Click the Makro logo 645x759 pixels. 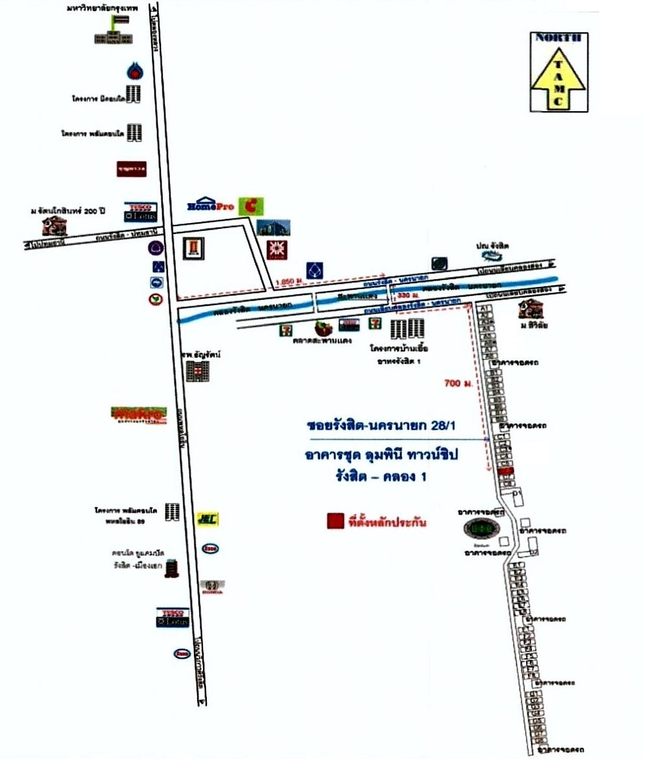138,414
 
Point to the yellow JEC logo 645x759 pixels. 206,518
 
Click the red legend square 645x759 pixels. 335,520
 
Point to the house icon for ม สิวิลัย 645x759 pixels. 529,309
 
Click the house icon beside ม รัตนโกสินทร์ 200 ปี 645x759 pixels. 55,226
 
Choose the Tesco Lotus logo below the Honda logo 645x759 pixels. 173,617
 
